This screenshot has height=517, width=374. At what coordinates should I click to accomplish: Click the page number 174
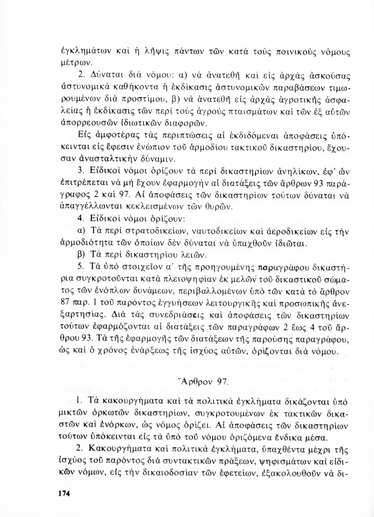(x=64, y=494)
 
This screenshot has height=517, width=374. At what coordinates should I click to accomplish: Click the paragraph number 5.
(x=81, y=267)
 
